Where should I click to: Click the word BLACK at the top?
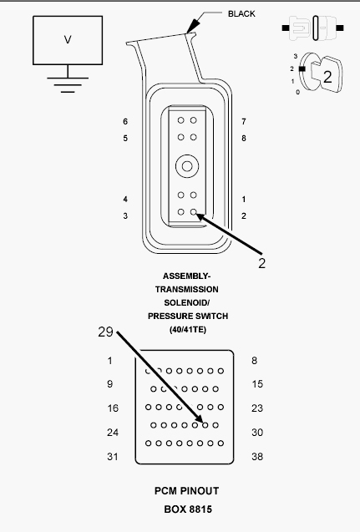click(x=241, y=13)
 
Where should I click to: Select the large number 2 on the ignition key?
click(x=327, y=78)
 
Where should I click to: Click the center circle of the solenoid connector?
click(x=186, y=167)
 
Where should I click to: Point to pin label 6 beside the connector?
click(x=125, y=122)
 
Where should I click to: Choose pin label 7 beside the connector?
click(x=243, y=122)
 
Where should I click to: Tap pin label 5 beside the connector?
click(x=125, y=138)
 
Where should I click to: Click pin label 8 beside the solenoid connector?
click(x=243, y=138)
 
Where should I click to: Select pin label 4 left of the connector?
click(x=125, y=200)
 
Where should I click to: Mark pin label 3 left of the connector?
click(x=125, y=216)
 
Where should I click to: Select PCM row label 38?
click(x=257, y=457)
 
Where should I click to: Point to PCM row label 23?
click(x=257, y=408)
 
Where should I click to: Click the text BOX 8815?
click(x=186, y=509)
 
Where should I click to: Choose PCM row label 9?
click(x=109, y=384)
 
